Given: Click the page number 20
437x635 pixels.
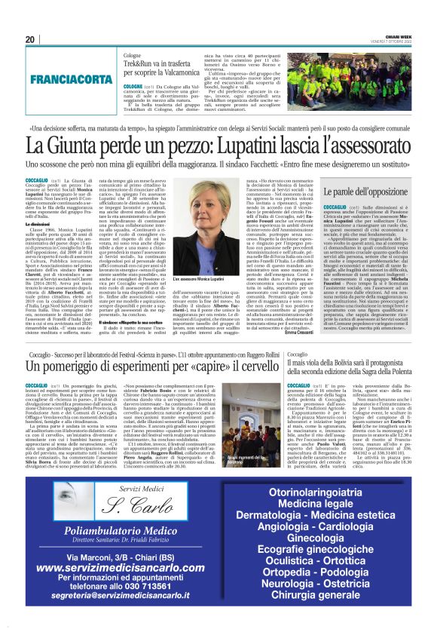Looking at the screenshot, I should [x=30, y=40].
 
